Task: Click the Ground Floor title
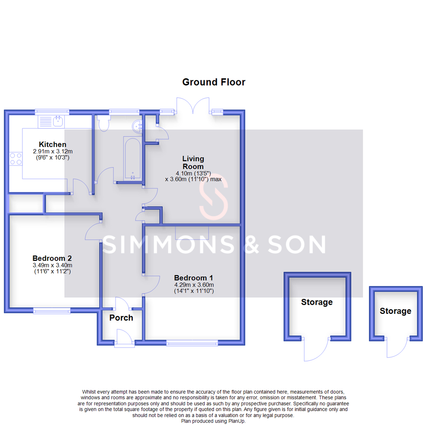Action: pos(213,82)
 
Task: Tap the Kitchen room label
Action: pos(52,144)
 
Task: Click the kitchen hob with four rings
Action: pos(16,159)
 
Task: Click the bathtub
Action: pos(132,158)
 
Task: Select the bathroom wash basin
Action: pos(138,125)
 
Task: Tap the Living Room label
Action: pos(193,162)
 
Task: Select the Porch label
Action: pos(121,317)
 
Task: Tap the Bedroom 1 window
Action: pos(192,343)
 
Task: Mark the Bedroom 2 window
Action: pos(52,311)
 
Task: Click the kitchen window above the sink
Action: pos(52,111)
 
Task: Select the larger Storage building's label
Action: pos(317,302)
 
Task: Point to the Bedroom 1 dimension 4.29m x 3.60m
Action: pos(194,285)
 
